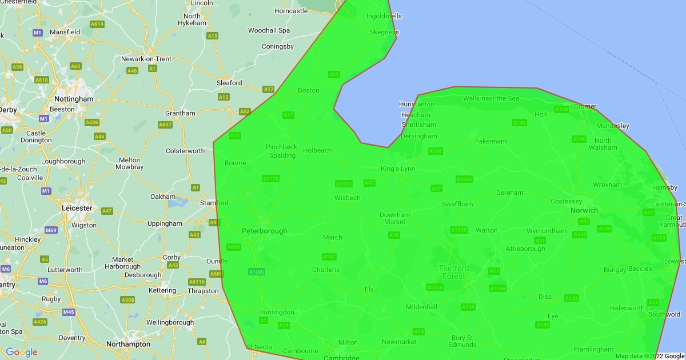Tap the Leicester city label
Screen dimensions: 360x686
pos(77,208)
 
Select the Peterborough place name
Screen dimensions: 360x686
pos(264,231)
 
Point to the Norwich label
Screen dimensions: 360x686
pos(584,210)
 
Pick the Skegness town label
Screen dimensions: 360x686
pos(384,33)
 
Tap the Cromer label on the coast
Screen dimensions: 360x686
pos(585,106)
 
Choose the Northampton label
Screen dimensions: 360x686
pos(128,344)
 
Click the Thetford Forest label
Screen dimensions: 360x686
pos(453,272)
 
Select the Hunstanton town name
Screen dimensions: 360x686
pos(416,105)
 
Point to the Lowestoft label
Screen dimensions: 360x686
pos(675,262)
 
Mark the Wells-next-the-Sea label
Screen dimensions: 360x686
pos(490,99)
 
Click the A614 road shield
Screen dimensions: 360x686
pos(97,24)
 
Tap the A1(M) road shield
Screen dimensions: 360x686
pos(257,271)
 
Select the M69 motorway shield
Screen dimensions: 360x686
pos(51,230)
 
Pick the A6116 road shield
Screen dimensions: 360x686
pos(197,282)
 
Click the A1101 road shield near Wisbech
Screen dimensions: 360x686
pos(344,183)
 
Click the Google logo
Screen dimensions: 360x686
pos(22,352)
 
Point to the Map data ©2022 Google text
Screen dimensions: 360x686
pos(649,356)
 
